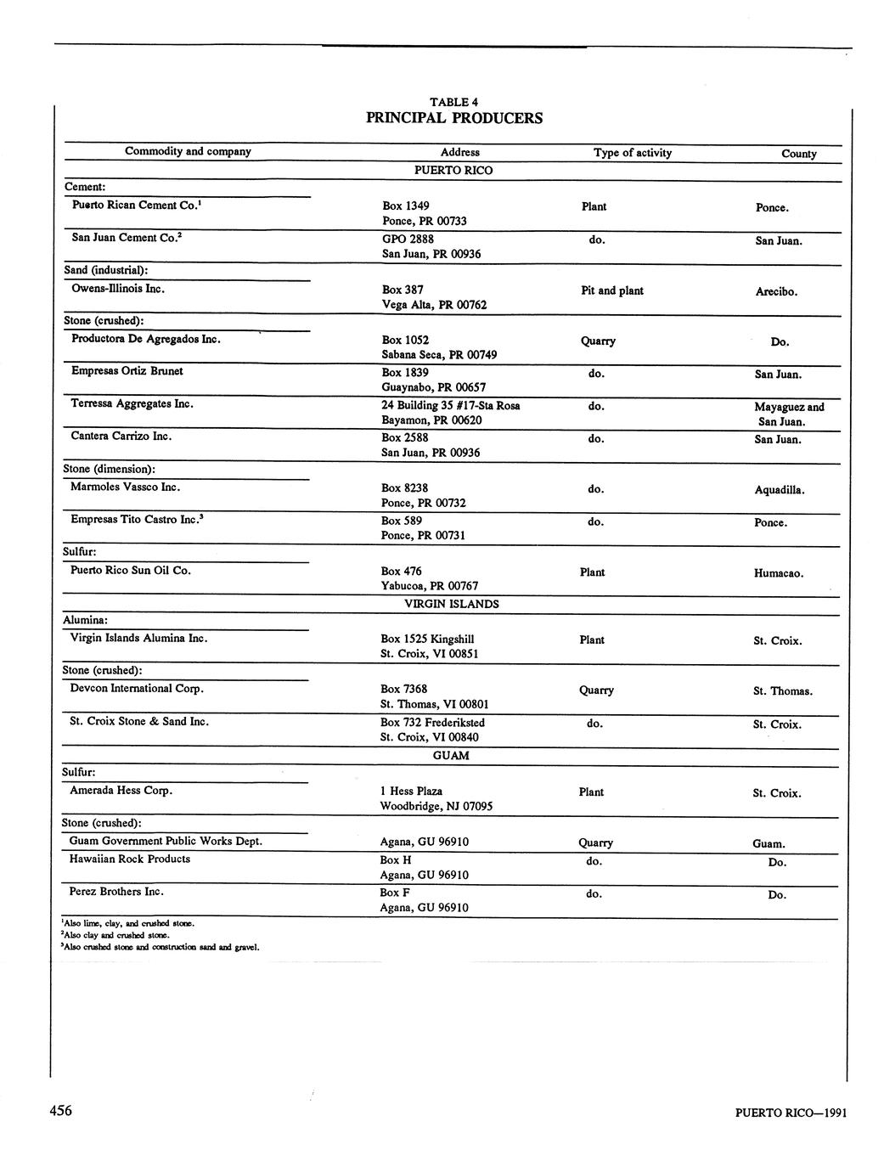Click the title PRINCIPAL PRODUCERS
pyautogui.click(x=453, y=118)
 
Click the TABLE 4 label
pyautogui.click(x=453, y=102)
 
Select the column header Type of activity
pyautogui.click(x=632, y=153)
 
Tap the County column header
pyautogui.click(x=798, y=154)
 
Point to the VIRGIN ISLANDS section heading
pyautogui.click(x=451, y=604)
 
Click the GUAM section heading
pyautogui.click(x=450, y=755)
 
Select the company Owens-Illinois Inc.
pyautogui.click(x=118, y=289)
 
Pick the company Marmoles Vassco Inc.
pyautogui.click(x=125, y=487)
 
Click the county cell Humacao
pyautogui.click(x=778, y=573)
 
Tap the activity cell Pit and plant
pyautogui.click(x=611, y=290)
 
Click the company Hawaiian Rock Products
pyautogui.click(x=129, y=859)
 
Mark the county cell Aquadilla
pyautogui.click(x=779, y=490)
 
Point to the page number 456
pyautogui.click(x=60, y=1111)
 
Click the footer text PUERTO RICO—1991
pyautogui.click(x=791, y=1113)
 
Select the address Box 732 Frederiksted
pyautogui.click(x=432, y=723)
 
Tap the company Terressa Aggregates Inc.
pyautogui.click(x=132, y=403)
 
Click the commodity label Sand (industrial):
pyautogui.click(x=106, y=270)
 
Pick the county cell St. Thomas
pyautogui.click(x=782, y=691)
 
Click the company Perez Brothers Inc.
pyautogui.click(x=116, y=892)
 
